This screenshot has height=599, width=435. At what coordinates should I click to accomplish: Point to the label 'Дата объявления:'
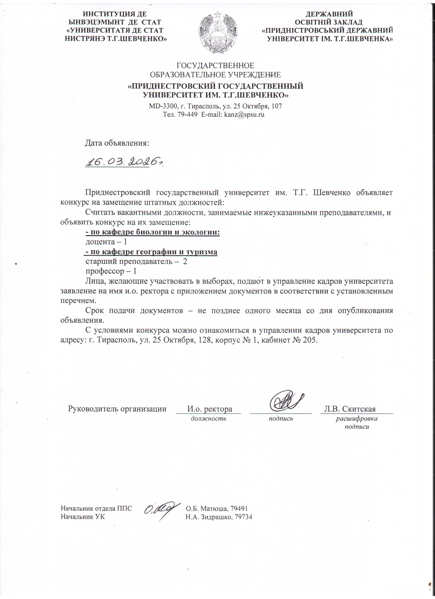[117, 143]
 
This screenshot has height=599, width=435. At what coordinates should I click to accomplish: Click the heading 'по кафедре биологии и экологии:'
[153, 232]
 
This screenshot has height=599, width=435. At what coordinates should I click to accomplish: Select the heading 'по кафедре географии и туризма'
[151, 252]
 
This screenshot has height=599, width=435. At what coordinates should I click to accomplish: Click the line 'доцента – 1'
[106, 242]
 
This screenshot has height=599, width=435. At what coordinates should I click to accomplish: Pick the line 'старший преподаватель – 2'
[136, 262]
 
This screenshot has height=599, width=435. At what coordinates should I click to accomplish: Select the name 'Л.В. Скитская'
[350, 409]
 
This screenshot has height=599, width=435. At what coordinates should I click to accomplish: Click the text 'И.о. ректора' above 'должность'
[210, 409]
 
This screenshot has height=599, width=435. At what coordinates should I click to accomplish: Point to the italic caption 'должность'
[208, 418]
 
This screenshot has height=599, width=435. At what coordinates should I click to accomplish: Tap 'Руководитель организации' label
[117, 409]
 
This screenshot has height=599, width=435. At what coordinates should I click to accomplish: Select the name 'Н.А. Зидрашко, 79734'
[219, 517]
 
